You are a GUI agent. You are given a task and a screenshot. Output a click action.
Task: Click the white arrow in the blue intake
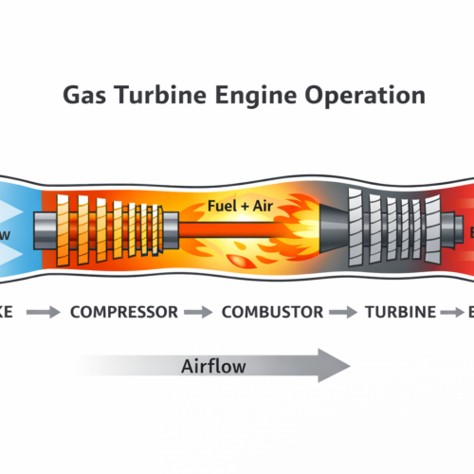click(x=14, y=231)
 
